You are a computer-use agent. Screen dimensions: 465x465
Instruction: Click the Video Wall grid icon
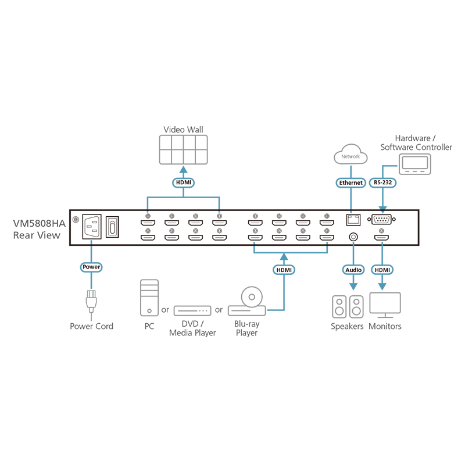tap(183, 151)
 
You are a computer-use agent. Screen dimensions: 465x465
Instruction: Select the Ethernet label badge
tap(350, 183)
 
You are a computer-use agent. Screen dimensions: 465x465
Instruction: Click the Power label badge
tap(91, 267)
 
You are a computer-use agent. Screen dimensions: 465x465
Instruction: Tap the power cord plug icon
tap(91, 302)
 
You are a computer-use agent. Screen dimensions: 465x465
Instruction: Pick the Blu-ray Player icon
tap(248, 302)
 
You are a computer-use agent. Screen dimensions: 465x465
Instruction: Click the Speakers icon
tap(347, 306)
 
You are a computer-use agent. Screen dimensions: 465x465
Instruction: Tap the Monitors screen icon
tap(385, 305)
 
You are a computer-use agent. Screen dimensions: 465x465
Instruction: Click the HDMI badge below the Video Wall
tap(183, 183)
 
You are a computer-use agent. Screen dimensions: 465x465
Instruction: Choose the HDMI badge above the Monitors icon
tap(382, 270)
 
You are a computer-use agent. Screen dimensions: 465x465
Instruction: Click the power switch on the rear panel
tap(113, 227)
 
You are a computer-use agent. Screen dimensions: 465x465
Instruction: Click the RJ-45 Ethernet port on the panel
tap(352, 220)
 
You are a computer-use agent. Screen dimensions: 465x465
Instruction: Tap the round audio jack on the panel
tap(352, 237)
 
